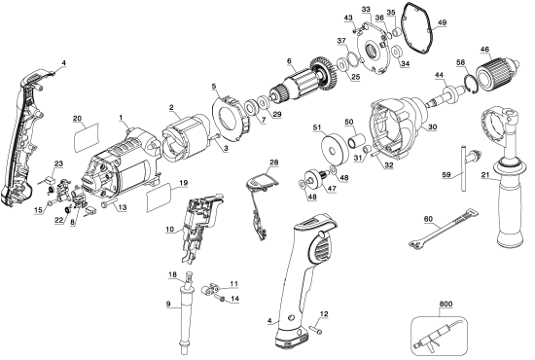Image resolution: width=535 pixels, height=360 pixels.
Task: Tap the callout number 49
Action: [442, 22]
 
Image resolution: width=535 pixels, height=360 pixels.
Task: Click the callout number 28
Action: [274, 162]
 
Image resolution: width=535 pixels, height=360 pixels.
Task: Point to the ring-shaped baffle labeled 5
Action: [226, 114]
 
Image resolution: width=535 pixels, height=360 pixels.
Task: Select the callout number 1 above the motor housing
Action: [123, 117]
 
